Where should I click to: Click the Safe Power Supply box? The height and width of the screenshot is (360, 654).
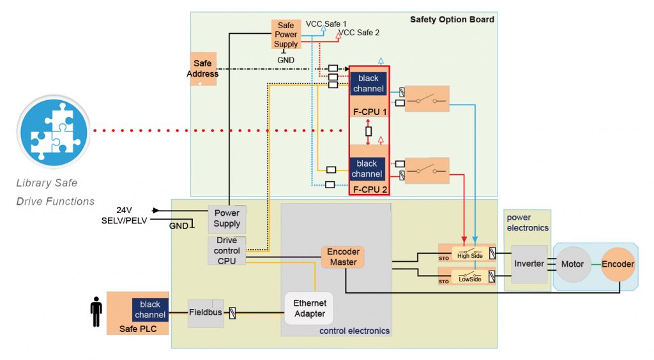tap(285, 34)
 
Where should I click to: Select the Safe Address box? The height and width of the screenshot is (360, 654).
tap(202, 68)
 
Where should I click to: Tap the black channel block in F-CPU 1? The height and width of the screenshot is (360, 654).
tap(369, 84)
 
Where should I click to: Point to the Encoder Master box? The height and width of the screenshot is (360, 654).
tap(343, 257)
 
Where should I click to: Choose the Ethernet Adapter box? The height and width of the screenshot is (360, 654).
tap(310, 308)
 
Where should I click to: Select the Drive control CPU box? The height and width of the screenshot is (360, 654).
tap(227, 250)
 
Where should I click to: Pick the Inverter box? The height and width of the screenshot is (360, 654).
tap(529, 264)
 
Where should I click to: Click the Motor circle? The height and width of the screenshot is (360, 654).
tap(572, 264)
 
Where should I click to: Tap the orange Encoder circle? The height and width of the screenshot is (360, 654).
tap(618, 264)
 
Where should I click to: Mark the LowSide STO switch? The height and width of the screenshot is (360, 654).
tap(471, 276)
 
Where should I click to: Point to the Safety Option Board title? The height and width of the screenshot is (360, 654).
tap(452, 19)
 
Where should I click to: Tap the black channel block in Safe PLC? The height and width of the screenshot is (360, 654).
tap(150, 309)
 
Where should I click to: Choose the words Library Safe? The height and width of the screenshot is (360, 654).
tap(47, 183)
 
